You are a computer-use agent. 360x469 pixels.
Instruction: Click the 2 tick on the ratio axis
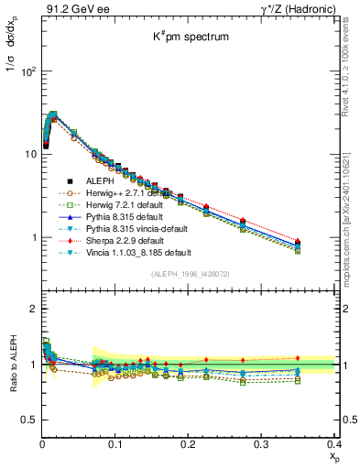tap(33, 309)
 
